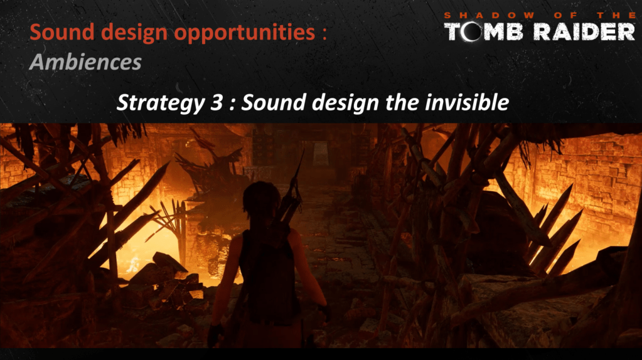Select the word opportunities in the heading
point(244,33)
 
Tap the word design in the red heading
point(134,33)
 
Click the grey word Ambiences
point(85,62)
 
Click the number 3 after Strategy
point(217,103)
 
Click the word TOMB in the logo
point(484,32)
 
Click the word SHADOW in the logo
point(490,15)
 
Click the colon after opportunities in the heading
point(324,34)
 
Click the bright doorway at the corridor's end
point(321,153)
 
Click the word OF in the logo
point(565,15)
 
